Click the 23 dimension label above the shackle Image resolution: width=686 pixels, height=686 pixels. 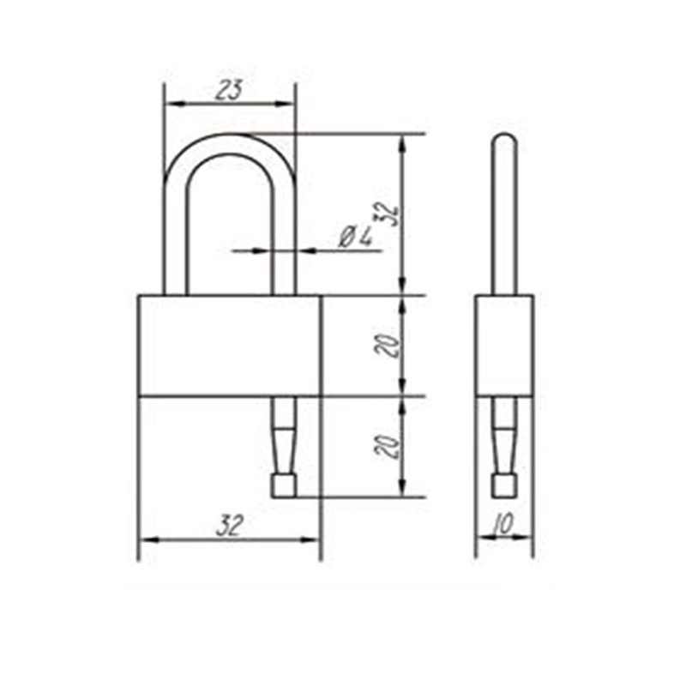(229, 90)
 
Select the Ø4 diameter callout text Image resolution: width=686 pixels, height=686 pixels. (356, 237)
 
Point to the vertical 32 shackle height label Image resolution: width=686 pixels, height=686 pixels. (388, 214)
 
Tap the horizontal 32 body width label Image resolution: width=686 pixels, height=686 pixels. (229, 526)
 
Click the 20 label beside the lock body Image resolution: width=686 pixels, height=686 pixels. (388, 346)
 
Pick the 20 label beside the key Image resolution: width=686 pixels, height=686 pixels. (388, 447)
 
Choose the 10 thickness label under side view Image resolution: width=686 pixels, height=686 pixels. (502, 524)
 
